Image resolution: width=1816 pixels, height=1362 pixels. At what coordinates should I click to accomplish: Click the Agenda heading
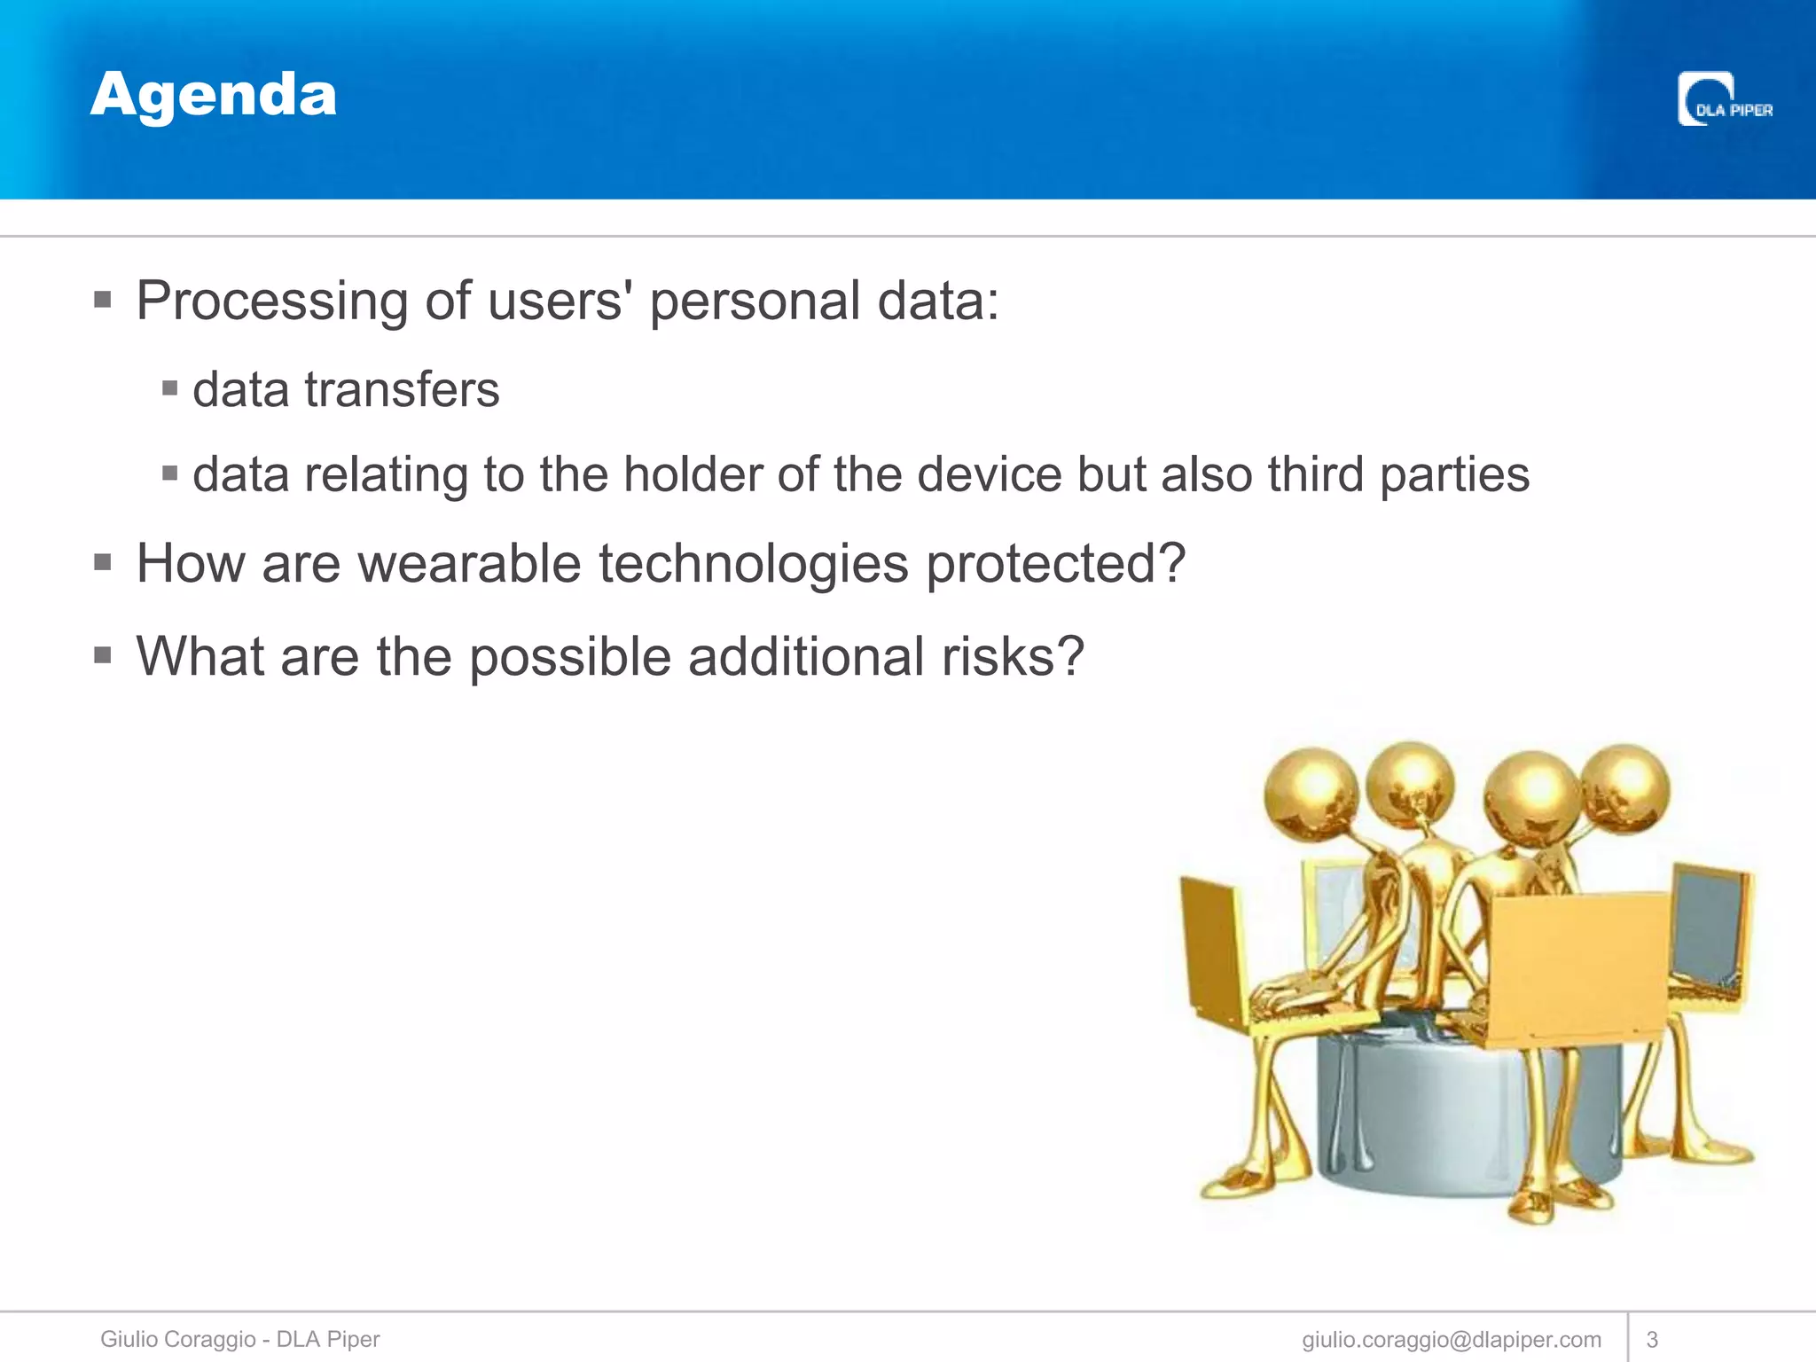[x=214, y=96]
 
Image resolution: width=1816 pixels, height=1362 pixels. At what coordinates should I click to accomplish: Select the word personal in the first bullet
[x=755, y=302]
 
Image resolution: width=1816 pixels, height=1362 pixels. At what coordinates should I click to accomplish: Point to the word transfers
[x=402, y=390]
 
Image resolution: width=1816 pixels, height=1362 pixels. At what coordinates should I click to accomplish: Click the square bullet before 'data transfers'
[x=170, y=388]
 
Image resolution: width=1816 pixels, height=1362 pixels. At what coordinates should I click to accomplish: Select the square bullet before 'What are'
[x=103, y=655]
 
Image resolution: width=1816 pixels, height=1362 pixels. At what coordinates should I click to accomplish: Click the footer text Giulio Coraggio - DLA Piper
[x=239, y=1339]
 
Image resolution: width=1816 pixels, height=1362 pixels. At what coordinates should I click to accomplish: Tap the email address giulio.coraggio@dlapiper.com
[x=1452, y=1340]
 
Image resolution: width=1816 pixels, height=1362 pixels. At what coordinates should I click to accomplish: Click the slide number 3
[x=1652, y=1340]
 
